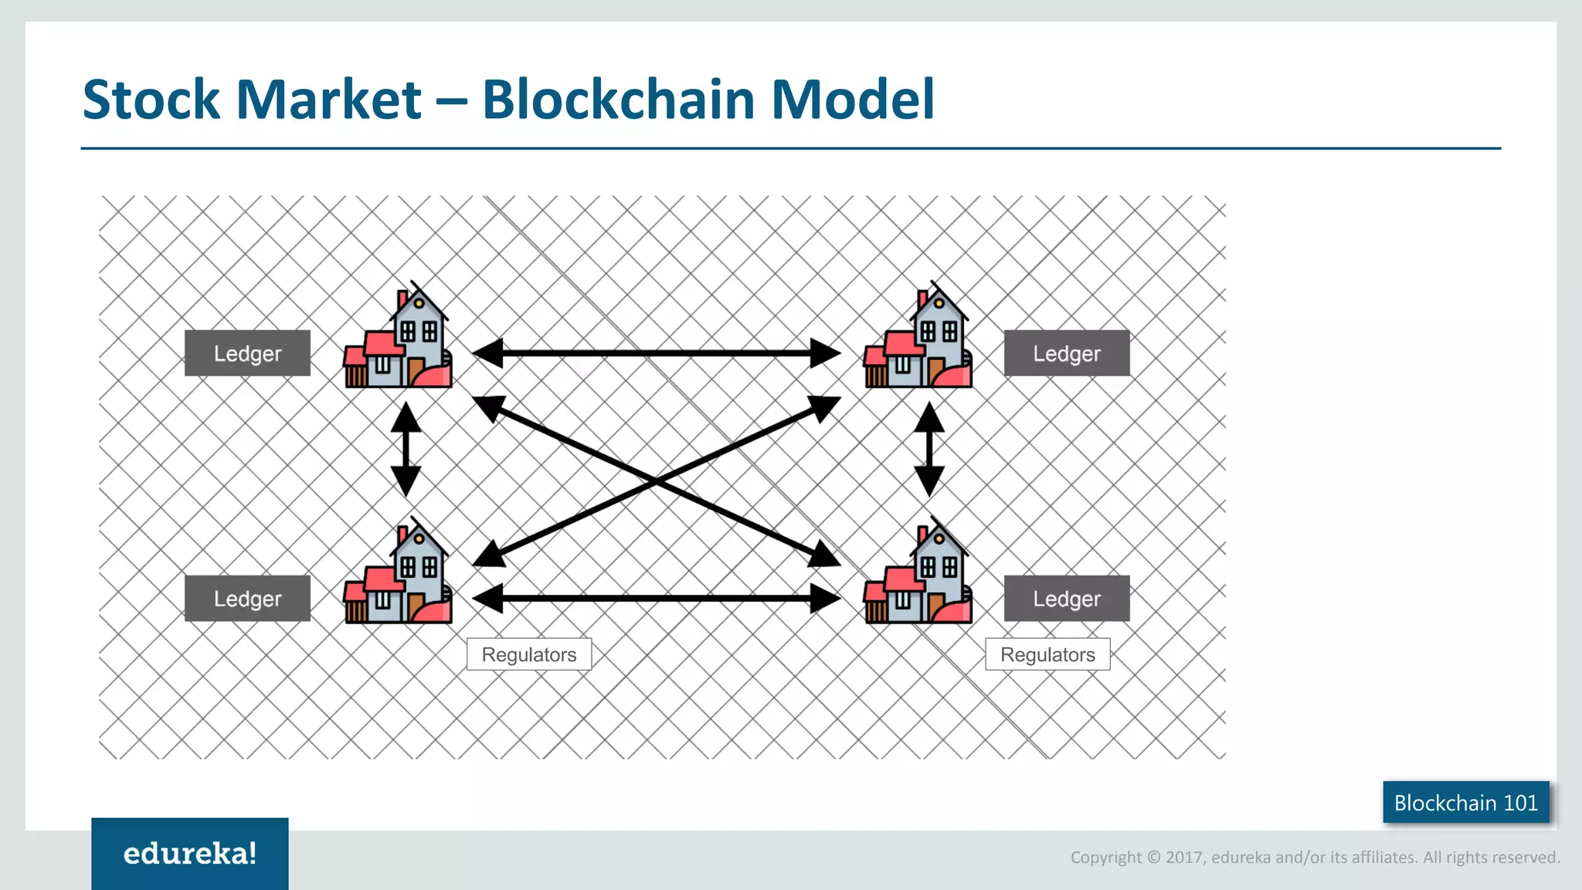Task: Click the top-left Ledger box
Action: [247, 353]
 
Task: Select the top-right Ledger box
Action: [1067, 353]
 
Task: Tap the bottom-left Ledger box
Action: [247, 598]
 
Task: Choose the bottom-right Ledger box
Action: [1067, 598]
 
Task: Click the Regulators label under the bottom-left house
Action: [529, 654]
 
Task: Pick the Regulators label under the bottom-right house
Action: [1047, 654]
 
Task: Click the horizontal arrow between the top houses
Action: [657, 353]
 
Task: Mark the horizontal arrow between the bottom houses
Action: [657, 598]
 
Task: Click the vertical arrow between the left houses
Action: [406, 449]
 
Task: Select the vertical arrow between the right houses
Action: [929, 449]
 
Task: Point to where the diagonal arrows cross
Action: [657, 481]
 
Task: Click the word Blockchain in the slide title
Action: [618, 100]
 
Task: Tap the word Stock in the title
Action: [151, 100]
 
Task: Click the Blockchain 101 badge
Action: [1465, 803]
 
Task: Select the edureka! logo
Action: [190, 854]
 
